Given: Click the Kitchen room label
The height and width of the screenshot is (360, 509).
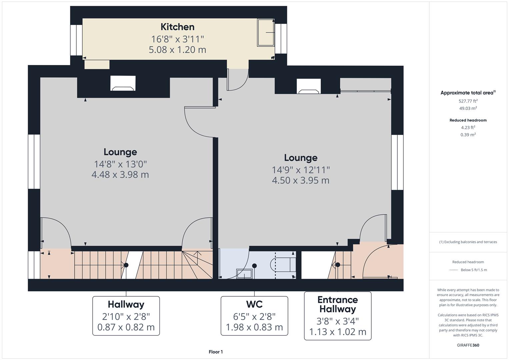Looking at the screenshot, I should pyautogui.click(x=177, y=27).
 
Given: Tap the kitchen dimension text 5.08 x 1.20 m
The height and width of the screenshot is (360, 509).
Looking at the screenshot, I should pyautogui.click(x=177, y=50).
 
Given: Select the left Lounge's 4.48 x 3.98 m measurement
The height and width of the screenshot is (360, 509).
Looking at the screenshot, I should pyautogui.click(x=120, y=175).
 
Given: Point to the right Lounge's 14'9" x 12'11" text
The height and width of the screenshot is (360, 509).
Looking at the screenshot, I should pyautogui.click(x=301, y=170).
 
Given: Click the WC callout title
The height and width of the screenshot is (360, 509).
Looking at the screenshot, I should pyautogui.click(x=254, y=304).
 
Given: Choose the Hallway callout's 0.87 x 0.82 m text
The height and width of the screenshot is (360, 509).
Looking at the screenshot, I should pyautogui.click(x=126, y=327).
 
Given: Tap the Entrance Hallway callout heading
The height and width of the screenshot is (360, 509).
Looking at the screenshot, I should pyautogui.click(x=337, y=304).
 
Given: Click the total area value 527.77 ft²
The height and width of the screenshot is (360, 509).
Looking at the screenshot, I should pyautogui.click(x=468, y=101).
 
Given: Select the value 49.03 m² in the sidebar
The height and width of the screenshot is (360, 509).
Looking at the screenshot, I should pyautogui.click(x=468, y=108).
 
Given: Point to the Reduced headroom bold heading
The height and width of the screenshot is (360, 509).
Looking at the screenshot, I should pyautogui.click(x=468, y=120).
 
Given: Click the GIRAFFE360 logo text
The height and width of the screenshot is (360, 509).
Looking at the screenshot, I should pyautogui.click(x=468, y=345).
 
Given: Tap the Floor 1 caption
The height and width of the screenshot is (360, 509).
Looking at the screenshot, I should pyautogui.click(x=216, y=352).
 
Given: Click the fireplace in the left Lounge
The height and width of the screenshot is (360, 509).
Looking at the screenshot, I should pyautogui.click(x=123, y=84).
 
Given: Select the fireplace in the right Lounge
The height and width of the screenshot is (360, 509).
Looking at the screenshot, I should pyautogui.click(x=309, y=87).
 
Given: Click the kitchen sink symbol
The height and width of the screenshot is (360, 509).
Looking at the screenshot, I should pyautogui.click(x=266, y=33).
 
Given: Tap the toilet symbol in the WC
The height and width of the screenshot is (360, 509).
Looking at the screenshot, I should pyautogui.click(x=283, y=264).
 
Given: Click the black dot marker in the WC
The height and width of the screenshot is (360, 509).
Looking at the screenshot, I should pyautogui.click(x=254, y=266).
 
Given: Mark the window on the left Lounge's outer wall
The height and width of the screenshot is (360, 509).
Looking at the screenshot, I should pyautogui.click(x=34, y=162).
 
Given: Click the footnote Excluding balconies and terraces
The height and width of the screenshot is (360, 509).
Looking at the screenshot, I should pyautogui.click(x=468, y=242).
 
